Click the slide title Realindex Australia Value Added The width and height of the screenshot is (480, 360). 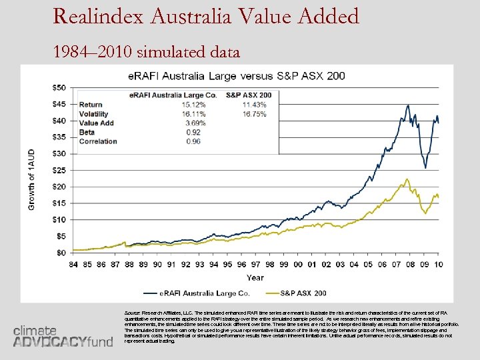pos(206,16)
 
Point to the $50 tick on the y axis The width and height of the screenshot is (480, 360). pos(59,88)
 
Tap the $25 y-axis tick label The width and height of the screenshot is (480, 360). pos(59,170)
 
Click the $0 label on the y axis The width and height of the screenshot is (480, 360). pos(61,253)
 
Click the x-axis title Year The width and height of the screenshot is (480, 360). pos(255,277)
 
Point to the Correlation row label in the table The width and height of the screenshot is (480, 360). pos(98,141)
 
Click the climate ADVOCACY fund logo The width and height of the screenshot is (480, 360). pos(63,336)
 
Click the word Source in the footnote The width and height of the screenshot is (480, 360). pos(133,312)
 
